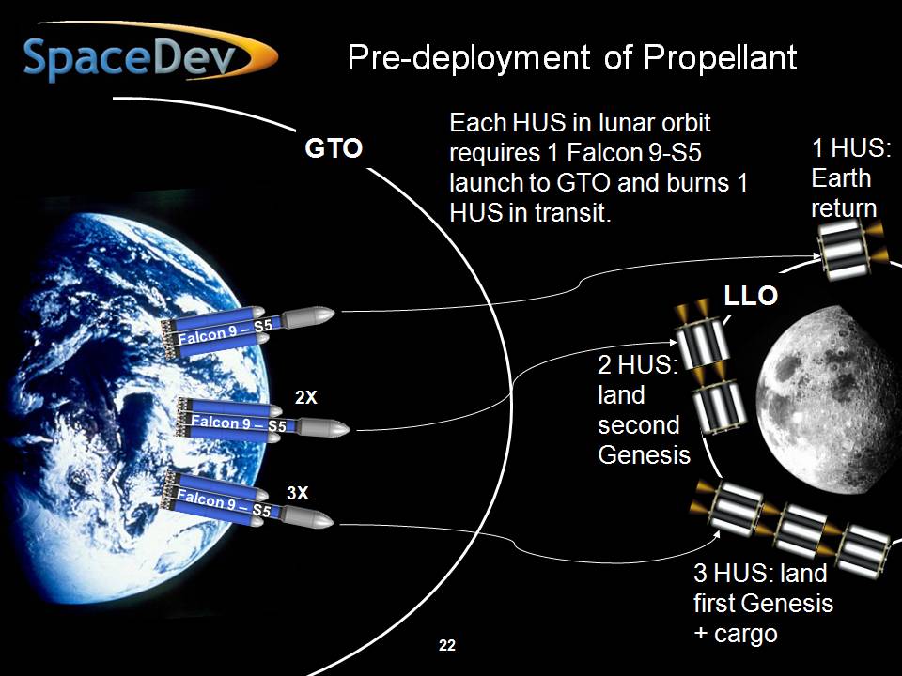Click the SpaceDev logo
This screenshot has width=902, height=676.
pos(149,54)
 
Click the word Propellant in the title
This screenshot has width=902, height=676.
pos(720,57)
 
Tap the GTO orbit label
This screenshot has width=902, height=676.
pos(334,148)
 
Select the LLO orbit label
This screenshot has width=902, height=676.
pos(751,296)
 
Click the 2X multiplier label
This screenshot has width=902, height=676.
pos(306,397)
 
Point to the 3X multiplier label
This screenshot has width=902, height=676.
pos(298,493)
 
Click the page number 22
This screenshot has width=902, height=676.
pos(447,645)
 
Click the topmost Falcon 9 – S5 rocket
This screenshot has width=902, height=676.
pos(247,330)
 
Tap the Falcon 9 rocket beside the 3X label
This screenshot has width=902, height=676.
pos(247,500)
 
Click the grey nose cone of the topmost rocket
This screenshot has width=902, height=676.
pos(309,316)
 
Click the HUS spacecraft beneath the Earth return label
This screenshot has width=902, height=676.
pos(849,252)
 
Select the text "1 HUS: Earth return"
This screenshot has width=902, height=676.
pos(851,177)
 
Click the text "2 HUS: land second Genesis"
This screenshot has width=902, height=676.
pos(644,409)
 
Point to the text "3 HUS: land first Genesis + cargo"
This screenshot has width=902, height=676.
pos(763,603)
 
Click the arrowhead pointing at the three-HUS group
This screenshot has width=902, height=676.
pos(717,534)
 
